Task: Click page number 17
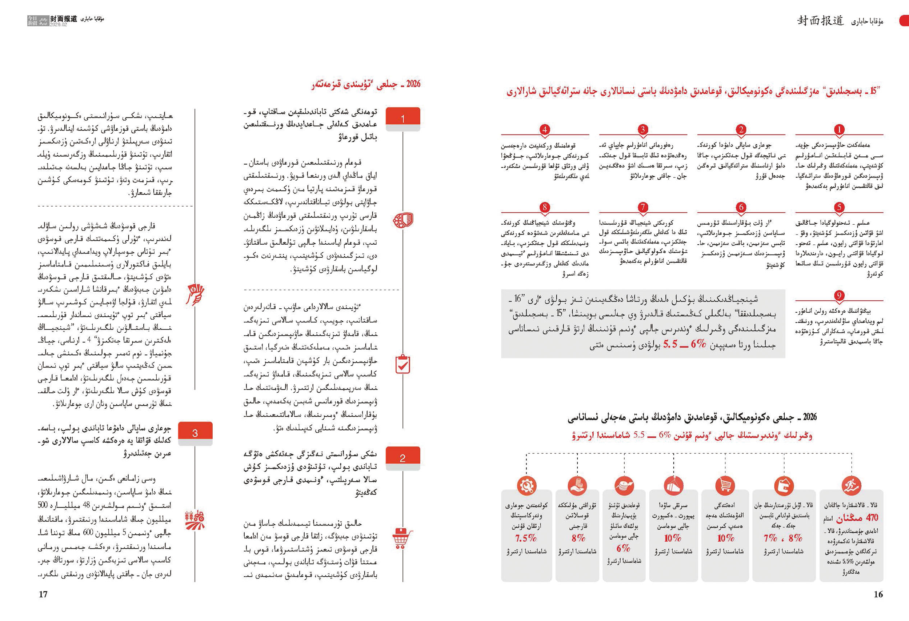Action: [43, 594]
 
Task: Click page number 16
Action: [878, 594]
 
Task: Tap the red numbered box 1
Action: [403, 119]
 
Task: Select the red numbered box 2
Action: [403, 457]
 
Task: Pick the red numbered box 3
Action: [195, 433]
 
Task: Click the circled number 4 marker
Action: [544, 129]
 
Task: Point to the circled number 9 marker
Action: [838, 296]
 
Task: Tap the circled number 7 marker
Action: [642, 207]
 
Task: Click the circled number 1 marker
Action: [838, 129]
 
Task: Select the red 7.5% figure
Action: [526, 538]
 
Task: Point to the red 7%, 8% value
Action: [783, 538]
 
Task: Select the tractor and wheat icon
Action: [195, 520]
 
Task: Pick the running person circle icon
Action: [851, 486]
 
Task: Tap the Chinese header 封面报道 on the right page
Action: [821, 21]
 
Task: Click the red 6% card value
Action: [623, 548]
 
